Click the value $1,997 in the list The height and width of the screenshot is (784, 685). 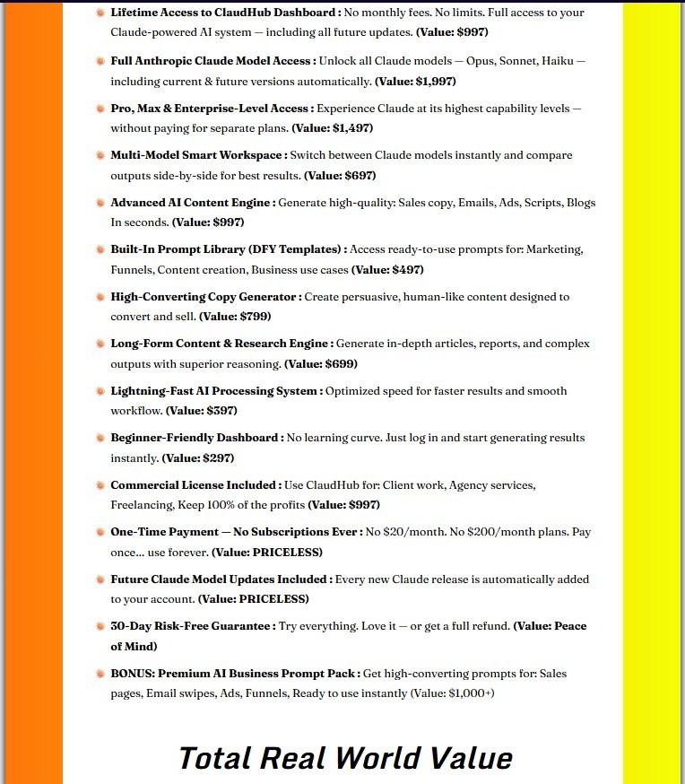coord(433,82)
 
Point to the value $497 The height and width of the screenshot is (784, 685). coord(406,270)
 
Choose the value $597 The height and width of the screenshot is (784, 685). coord(221,411)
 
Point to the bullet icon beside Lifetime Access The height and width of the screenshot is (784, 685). coord(100,13)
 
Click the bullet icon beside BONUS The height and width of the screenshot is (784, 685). coord(100,673)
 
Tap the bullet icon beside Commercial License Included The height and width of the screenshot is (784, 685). coord(100,485)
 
